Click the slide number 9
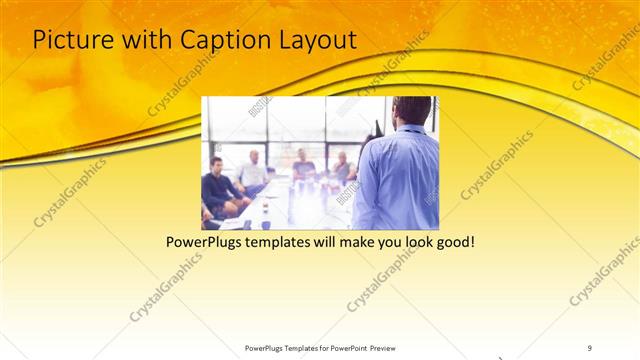tap(590, 347)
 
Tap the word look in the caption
tap(413, 243)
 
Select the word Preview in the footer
tap(391, 347)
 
